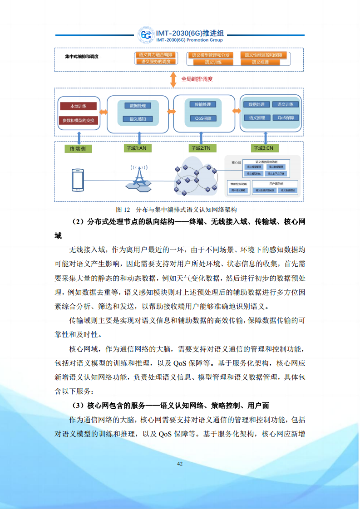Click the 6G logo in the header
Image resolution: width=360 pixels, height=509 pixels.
pos(146,35)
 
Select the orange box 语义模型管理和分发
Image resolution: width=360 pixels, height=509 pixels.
pos(210,55)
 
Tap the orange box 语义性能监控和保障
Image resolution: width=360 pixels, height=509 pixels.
pos(263,55)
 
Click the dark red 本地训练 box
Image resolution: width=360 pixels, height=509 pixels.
pos(79,106)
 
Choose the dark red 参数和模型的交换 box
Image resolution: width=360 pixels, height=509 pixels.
pos(79,120)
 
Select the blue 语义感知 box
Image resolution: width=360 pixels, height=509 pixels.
pos(138,119)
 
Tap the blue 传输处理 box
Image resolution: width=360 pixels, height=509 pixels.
pos(202,104)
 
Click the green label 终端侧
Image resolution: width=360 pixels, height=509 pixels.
pos(78,148)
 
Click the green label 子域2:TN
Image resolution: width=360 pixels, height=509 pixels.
pos(201,148)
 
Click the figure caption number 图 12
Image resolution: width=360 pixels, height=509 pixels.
pos(123,210)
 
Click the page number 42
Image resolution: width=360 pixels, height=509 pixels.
pos(180,463)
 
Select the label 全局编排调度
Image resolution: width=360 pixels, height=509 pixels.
pos(197,79)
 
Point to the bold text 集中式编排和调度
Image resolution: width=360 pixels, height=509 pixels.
pos(82,57)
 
